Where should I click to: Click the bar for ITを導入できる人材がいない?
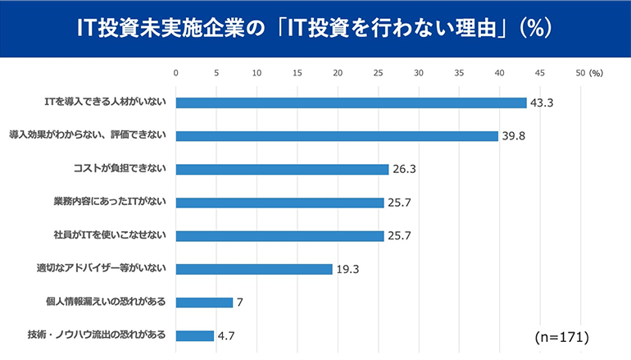(351, 103)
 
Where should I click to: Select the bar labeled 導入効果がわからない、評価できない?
(337, 136)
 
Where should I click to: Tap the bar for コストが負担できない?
(282, 170)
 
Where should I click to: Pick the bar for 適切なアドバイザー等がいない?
(254, 269)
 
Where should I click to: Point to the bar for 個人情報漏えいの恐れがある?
(204, 302)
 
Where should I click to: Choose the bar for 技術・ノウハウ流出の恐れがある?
(195, 335)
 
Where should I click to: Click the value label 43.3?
(543, 103)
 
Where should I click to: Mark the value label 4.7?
(227, 335)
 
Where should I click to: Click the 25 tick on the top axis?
(379, 73)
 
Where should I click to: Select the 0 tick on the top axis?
(176, 73)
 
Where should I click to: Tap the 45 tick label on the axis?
(540, 73)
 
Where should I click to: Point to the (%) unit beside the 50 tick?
(596, 73)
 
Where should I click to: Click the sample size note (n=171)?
(561, 337)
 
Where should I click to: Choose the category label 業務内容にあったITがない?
(110, 203)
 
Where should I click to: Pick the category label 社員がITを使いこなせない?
(110, 235)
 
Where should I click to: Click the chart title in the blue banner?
(315, 28)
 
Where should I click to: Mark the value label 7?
(240, 303)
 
